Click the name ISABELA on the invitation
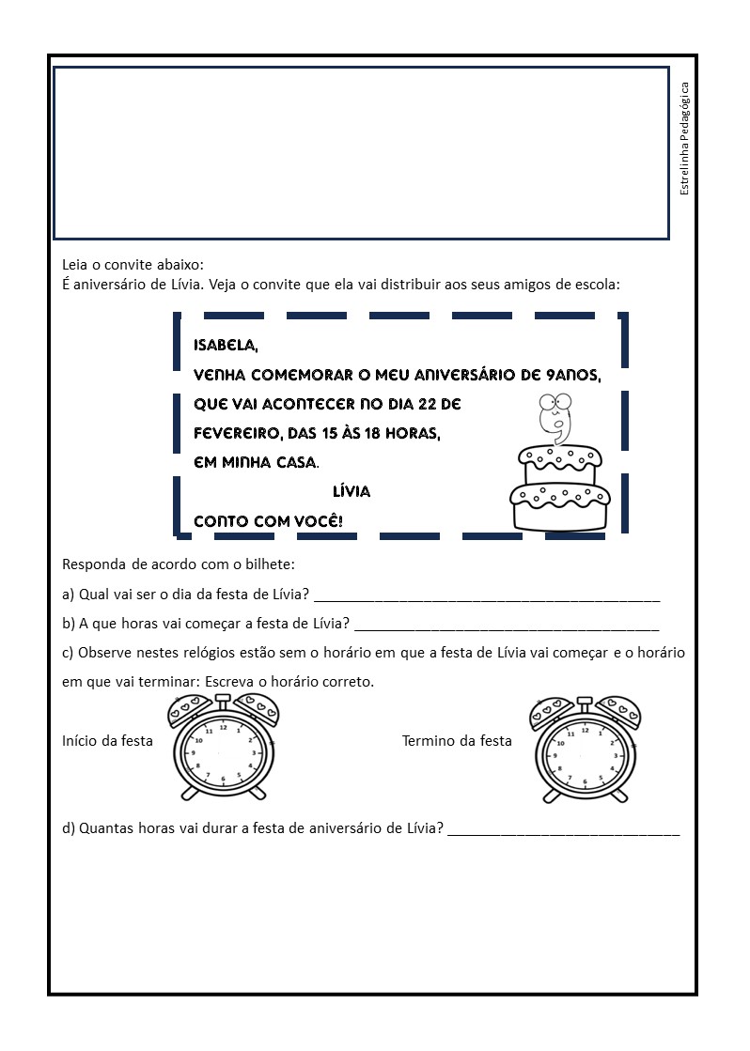[225, 346]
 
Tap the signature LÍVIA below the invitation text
[352, 491]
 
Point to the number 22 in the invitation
[422, 404]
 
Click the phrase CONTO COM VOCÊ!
[268, 520]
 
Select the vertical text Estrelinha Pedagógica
[684, 139]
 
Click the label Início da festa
[107, 740]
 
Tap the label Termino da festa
[457, 740]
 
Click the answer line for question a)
[487, 597]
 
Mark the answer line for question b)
[507, 626]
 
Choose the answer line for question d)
[563, 831]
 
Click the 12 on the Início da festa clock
[223, 727]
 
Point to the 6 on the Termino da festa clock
[585, 781]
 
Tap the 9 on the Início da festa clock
[194, 753]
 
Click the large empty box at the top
[361, 152]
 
